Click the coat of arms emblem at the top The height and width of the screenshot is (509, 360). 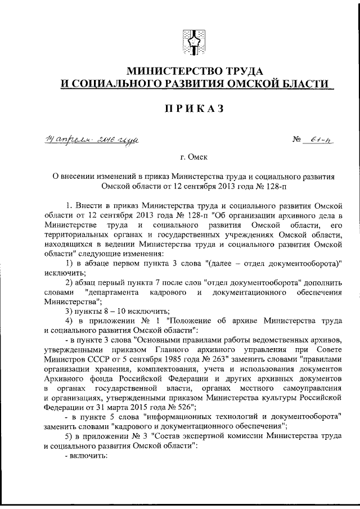point(193,44)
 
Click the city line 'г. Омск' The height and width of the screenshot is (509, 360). point(193,157)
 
